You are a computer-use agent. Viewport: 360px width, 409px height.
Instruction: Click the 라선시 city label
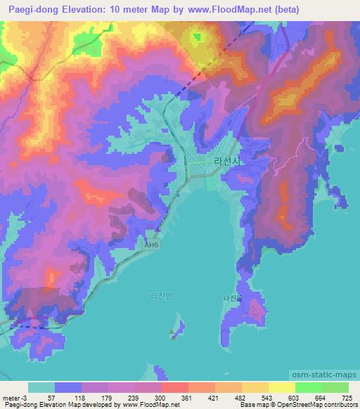(x=226, y=162)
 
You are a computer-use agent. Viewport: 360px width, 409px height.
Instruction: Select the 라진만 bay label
(x=161, y=296)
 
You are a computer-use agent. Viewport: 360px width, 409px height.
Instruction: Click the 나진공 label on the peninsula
(x=232, y=298)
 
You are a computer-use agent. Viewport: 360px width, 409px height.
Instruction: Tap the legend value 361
(x=187, y=397)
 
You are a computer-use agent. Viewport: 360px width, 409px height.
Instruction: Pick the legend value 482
(x=240, y=397)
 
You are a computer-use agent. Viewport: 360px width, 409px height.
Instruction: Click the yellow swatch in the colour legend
(x=281, y=387)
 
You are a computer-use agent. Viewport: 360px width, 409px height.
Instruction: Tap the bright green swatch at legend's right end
(x=335, y=387)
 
